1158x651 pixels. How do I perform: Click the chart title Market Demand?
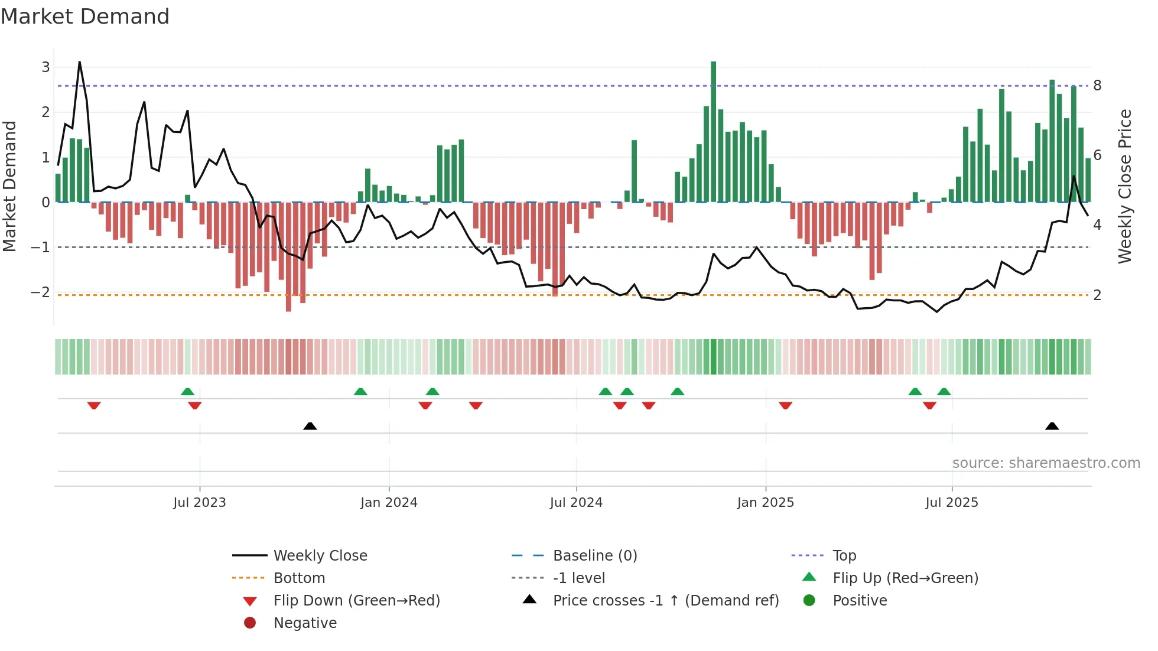(x=85, y=17)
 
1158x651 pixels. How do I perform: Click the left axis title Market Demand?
(x=10, y=186)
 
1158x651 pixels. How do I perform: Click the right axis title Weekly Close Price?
(x=1125, y=186)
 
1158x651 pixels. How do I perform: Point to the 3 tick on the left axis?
(x=45, y=67)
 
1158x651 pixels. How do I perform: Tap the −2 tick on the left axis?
(x=40, y=292)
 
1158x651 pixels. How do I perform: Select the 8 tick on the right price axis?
(x=1097, y=86)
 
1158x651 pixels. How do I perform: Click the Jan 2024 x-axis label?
(x=389, y=503)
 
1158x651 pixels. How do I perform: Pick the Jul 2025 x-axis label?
(x=952, y=503)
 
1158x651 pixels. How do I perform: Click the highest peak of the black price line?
(x=79, y=62)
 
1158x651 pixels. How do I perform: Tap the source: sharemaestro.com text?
(x=1046, y=463)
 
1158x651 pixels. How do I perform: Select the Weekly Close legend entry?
(x=320, y=556)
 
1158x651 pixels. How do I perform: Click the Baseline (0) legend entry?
(x=594, y=556)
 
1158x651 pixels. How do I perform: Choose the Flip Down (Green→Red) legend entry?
(x=356, y=601)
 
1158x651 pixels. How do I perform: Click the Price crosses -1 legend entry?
(x=665, y=601)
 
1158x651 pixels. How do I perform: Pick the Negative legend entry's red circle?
(x=250, y=623)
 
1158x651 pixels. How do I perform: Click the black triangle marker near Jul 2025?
(x=1052, y=426)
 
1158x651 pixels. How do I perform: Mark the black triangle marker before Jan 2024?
(x=310, y=426)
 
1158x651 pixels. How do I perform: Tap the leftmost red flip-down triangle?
(x=94, y=405)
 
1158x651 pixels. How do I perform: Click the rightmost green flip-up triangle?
(x=944, y=392)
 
